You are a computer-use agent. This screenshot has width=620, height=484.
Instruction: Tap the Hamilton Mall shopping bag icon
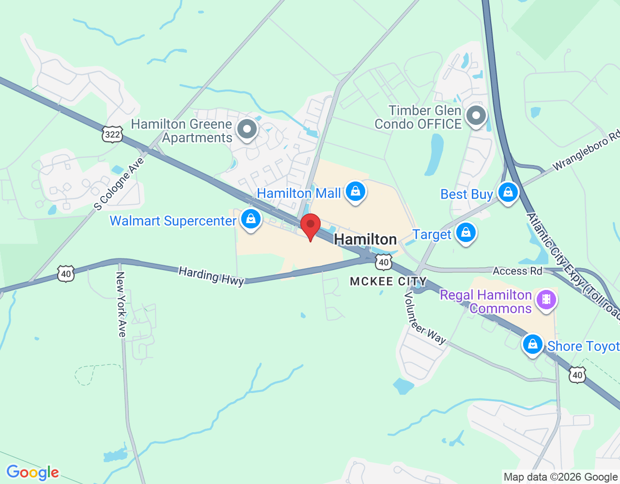[356, 192]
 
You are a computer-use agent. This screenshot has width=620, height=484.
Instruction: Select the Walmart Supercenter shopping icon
[250, 220]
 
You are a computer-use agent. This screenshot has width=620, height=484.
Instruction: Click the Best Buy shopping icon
[508, 193]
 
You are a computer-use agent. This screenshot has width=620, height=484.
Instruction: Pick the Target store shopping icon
[466, 233]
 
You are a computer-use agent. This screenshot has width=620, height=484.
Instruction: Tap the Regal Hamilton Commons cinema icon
[546, 299]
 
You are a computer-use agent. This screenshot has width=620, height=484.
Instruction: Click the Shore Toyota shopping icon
[533, 345]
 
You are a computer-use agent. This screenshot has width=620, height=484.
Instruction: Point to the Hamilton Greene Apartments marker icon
[247, 130]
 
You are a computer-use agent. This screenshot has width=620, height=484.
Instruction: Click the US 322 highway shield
[112, 134]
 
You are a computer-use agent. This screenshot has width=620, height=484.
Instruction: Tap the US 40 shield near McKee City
[384, 262]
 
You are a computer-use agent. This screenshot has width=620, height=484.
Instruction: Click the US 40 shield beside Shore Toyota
[577, 375]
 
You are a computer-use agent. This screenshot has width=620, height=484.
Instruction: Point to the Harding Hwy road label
[211, 276]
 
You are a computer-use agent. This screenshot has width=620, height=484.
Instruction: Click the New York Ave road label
[121, 304]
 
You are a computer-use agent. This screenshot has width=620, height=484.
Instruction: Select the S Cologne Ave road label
[119, 184]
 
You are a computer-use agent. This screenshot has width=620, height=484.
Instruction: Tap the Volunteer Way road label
[425, 318]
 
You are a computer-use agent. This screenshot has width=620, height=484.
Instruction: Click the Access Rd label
[517, 271]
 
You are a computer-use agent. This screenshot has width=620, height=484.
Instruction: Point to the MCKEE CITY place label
[388, 281]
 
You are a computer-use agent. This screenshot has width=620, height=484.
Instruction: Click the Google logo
[32, 472]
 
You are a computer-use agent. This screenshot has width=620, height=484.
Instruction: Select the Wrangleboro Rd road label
[586, 151]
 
